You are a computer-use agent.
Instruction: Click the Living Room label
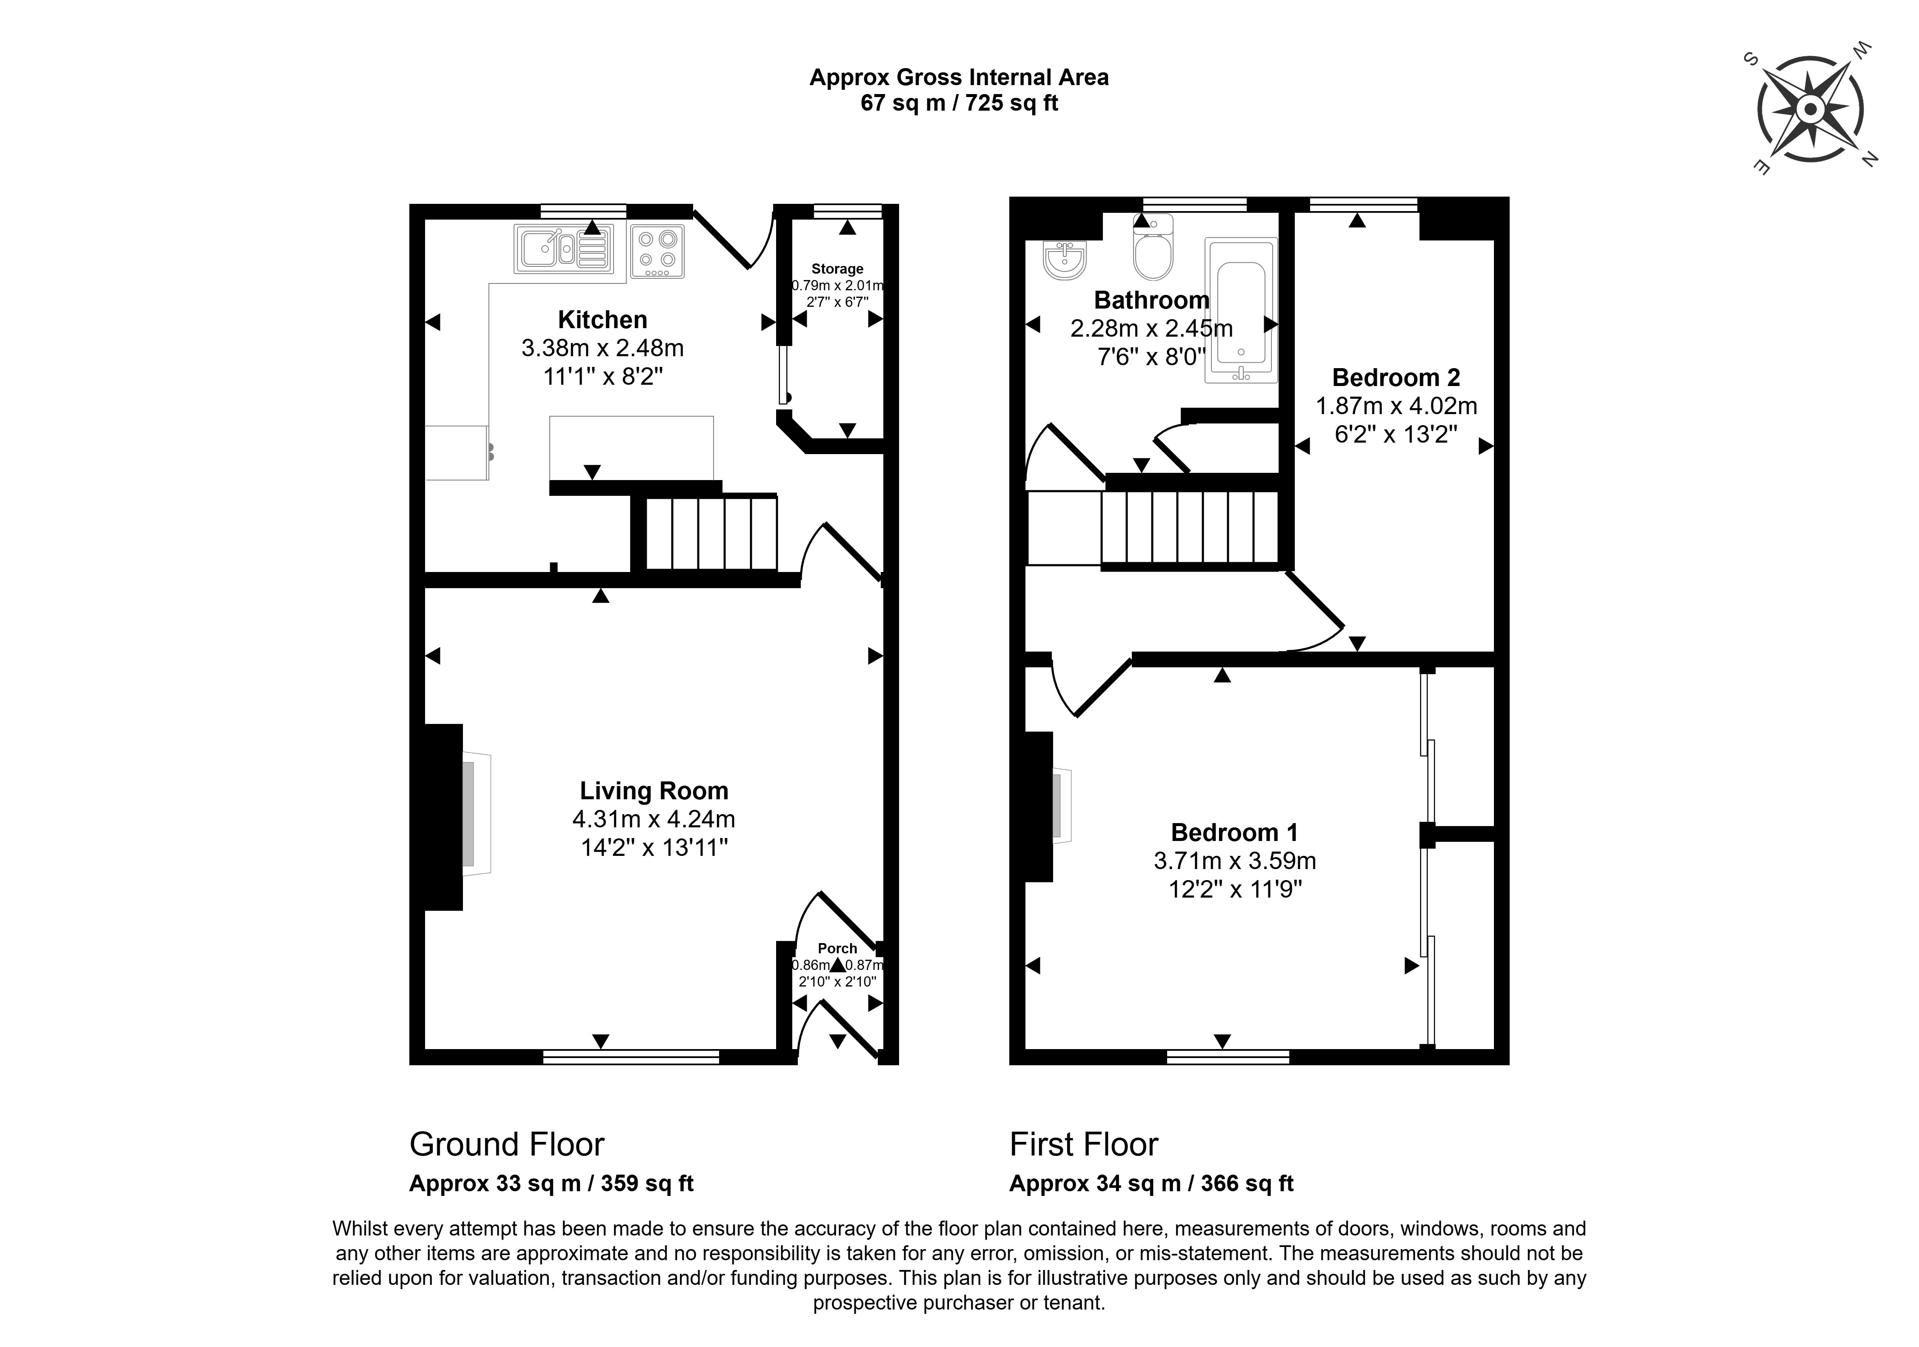point(654,790)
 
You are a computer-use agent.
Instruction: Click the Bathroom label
point(1151,299)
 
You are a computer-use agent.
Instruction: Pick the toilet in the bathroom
point(1154,249)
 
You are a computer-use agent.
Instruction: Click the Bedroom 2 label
point(1396,377)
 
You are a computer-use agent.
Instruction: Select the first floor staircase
point(1190,527)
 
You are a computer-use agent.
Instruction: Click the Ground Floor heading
point(506,1144)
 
